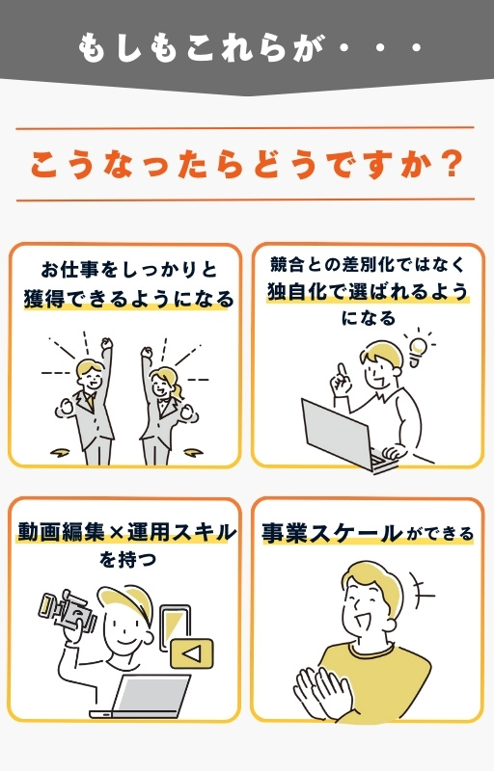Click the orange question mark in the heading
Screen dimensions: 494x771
tap(451, 164)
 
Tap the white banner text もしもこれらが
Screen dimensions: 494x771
tap(201, 47)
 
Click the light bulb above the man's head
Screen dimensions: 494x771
tap(418, 349)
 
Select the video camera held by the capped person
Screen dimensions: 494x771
tap(68, 611)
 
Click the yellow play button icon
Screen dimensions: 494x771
tap(192, 653)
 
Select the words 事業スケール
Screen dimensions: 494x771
tap(331, 533)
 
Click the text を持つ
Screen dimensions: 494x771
tap(128, 560)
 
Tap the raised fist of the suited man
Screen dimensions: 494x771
tap(106, 343)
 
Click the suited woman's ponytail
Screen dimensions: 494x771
tap(178, 388)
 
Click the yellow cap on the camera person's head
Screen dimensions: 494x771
tap(124, 598)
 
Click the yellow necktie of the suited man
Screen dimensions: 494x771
tap(89, 401)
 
